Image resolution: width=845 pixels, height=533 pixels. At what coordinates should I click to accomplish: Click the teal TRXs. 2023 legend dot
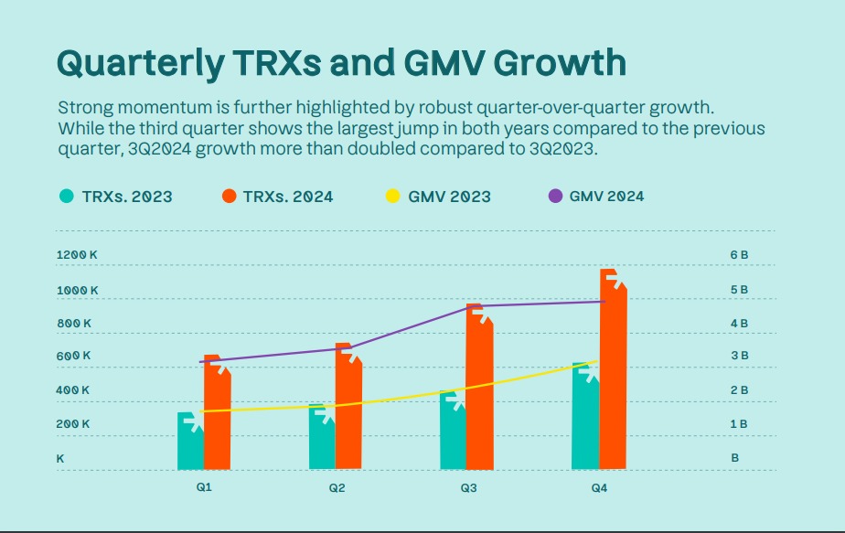click(67, 196)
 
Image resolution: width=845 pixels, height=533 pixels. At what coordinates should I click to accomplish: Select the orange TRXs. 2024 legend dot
click(229, 196)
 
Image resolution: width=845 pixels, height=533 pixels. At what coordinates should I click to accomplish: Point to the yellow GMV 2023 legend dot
click(392, 196)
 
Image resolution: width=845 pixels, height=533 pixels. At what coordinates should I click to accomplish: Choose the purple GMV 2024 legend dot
click(555, 196)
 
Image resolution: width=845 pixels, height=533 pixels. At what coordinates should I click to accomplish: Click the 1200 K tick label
click(76, 254)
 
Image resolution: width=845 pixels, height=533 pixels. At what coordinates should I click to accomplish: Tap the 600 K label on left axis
click(74, 356)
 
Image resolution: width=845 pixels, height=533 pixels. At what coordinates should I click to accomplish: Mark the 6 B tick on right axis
click(739, 254)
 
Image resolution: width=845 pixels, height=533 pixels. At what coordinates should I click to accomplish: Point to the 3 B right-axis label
click(739, 356)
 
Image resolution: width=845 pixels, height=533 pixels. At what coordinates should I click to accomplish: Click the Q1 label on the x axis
click(204, 487)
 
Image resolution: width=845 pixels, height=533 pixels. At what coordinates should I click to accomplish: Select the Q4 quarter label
click(599, 488)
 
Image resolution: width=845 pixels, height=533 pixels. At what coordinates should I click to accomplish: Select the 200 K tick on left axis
click(74, 424)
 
